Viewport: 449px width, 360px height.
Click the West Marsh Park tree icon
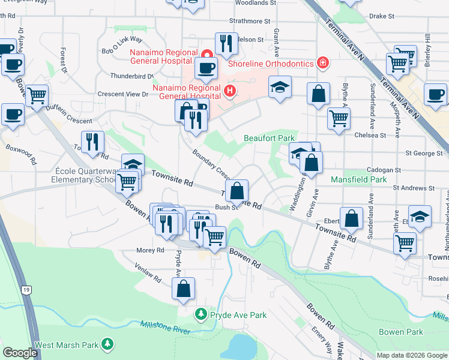pos(107,344)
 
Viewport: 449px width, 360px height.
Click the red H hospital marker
pos(229,91)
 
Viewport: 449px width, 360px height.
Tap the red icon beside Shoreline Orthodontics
pos(322,63)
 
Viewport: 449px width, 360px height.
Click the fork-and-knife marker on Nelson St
pos(226,42)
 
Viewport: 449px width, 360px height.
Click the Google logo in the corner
pos(20,353)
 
